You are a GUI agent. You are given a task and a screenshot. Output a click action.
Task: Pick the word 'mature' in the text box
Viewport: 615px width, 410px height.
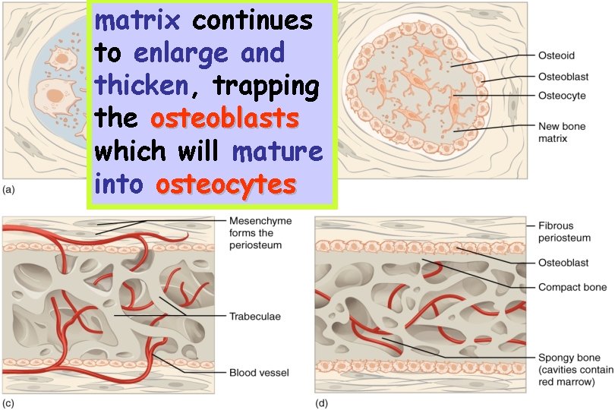(277, 152)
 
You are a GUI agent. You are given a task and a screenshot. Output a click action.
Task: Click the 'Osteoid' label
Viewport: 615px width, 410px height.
(556, 55)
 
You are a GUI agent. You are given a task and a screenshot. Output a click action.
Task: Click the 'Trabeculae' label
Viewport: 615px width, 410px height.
(254, 316)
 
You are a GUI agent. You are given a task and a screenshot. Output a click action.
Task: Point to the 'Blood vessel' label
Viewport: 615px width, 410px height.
(259, 373)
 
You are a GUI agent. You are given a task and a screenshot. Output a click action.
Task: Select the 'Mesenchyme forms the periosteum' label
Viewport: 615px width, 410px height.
(255, 233)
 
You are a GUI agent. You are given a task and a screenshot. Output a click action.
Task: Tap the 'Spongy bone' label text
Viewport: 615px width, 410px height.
(569, 358)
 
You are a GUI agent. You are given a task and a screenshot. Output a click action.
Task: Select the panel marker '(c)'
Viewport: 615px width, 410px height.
(9, 402)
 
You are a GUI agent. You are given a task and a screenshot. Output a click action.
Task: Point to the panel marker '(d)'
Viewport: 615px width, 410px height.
(321, 402)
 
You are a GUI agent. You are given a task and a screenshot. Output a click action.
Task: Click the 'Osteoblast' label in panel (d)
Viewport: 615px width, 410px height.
(563, 263)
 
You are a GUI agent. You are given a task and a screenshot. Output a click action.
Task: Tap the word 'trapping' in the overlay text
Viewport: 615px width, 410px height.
(266, 87)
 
